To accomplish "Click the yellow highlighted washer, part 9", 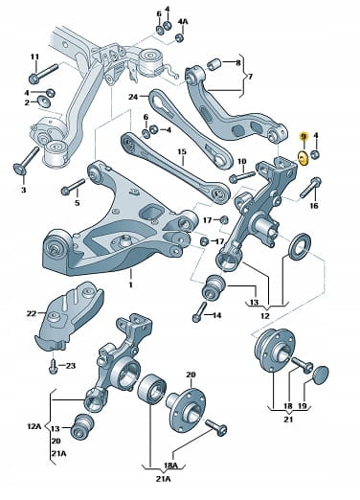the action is click(x=303, y=158).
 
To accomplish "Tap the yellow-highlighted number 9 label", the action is click(x=304, y=137).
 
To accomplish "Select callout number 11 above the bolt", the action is click(x=34, y=57).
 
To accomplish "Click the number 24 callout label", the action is click(x=133, y=97).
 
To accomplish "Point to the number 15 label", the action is click(x=182, y=151).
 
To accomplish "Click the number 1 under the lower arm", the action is click(x=130, y=284).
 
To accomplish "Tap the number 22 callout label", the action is click(x=32, y=313).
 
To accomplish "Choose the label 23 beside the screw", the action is click(x=71, y=365).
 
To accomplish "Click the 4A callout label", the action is click(x=183, y=22).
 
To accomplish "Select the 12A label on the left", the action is click(x=34, y=426).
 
